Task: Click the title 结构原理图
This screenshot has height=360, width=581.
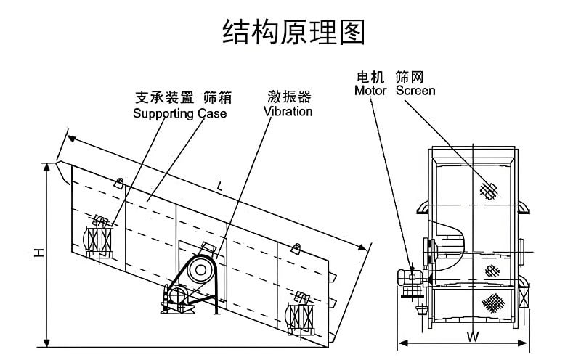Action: tap(293, 33)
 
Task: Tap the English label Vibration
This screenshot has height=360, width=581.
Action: tap(288, 112)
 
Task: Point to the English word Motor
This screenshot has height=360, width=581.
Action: tap(371, 91)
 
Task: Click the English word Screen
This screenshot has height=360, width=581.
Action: tap(415, 91)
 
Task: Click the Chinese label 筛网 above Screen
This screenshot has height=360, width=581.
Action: tap(409, 76)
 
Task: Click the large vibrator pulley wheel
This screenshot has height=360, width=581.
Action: tap(198, 270)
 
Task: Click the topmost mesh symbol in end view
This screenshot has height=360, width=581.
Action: tap(489, 190)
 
